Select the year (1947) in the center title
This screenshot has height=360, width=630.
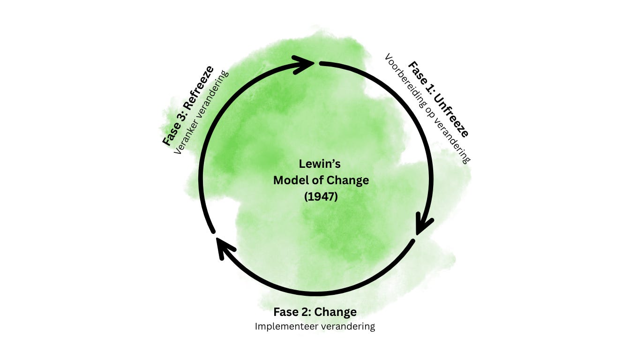coord(321,197)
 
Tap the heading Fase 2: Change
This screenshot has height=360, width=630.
coord(315,312)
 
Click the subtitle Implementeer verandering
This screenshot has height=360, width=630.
coord(315,326)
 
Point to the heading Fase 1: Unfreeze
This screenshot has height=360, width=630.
coord(438,99)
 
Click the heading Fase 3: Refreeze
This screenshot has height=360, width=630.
coord(187,105)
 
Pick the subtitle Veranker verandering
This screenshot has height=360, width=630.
coord(201,112)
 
